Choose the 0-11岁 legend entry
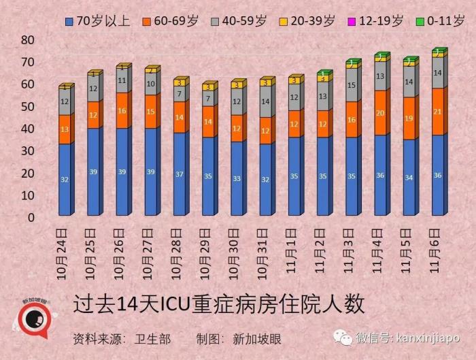coord(443,21)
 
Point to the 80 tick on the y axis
coord(27,40)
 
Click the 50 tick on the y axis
coord(27,107)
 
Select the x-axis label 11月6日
coord(438,248)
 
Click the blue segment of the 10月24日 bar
coord(65,179)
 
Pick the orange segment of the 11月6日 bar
coord(438,112)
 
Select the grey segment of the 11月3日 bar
coord(352,86)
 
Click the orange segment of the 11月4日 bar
coord(380,113)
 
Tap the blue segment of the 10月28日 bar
coord(180,174)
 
